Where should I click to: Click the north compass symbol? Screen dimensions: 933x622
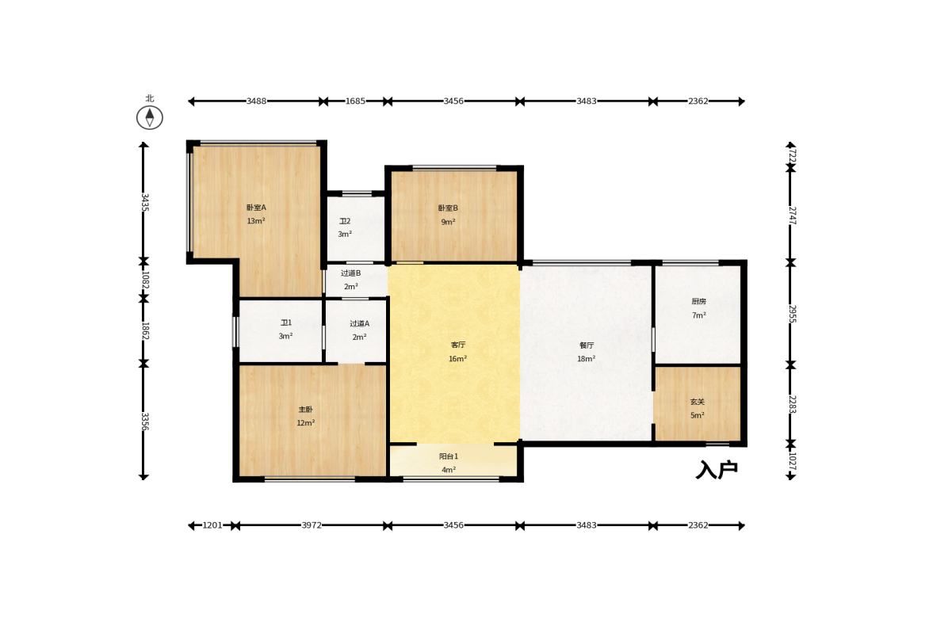149,117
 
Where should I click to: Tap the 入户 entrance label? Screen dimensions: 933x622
717,470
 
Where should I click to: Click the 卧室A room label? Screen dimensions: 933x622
257,208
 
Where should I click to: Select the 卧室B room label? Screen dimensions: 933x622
448,208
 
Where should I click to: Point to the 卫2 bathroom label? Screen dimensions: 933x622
345,221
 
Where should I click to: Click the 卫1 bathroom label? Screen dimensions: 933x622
286,323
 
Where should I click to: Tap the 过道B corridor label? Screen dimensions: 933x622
351,273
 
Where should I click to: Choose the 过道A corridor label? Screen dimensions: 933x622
359,323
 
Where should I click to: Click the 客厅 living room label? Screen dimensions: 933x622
457,345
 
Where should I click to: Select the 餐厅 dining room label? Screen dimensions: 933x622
587,345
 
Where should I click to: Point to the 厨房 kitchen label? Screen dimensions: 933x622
698,301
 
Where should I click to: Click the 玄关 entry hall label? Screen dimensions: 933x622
698,402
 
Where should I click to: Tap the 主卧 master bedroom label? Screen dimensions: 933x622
306,410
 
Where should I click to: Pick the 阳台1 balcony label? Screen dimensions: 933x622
449,456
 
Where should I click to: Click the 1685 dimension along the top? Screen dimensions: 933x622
355,101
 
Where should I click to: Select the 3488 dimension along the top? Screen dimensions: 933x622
257,101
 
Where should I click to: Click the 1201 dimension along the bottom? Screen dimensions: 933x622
212,525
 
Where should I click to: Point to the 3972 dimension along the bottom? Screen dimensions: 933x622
312,525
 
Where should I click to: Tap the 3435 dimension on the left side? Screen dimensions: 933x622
144,202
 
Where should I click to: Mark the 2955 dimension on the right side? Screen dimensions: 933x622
792,314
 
